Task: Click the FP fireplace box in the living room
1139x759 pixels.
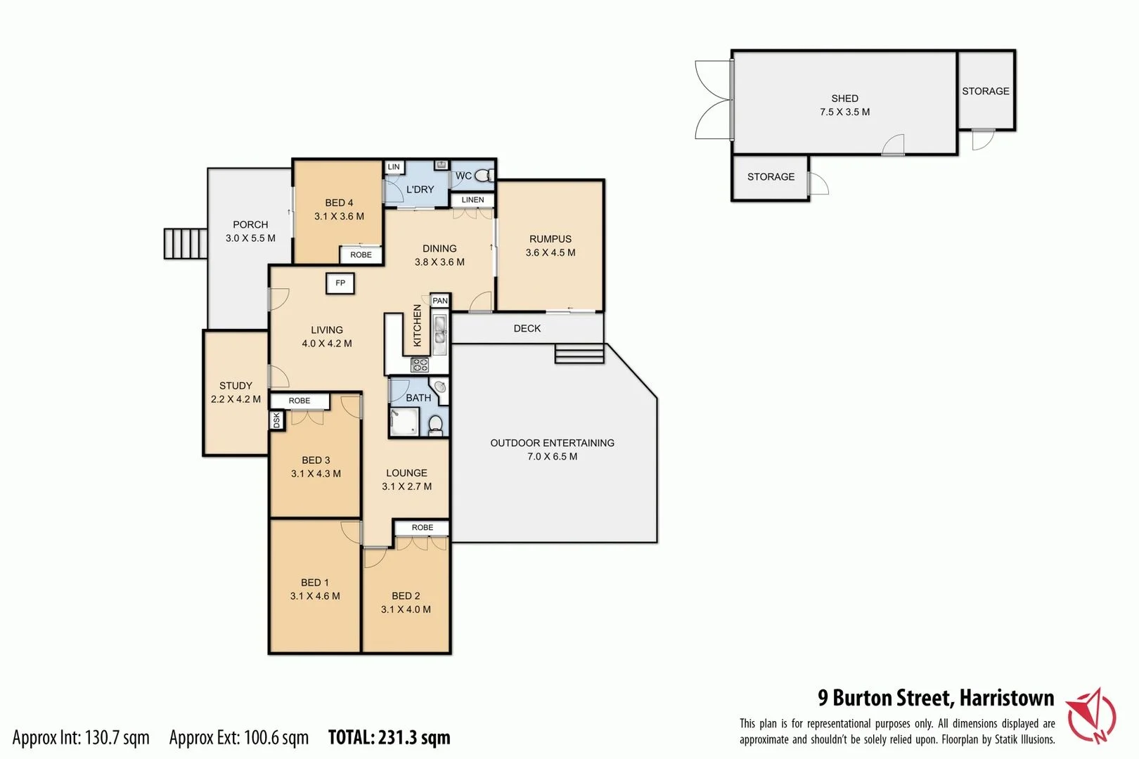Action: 340,283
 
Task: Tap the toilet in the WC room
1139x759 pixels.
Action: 484,176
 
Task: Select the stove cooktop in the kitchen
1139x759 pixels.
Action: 420,364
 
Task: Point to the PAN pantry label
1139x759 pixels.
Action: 440,301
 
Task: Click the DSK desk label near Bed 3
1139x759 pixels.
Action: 276,420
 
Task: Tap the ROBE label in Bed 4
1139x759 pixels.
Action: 361,254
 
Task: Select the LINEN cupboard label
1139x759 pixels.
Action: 472,200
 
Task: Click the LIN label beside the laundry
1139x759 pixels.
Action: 394,167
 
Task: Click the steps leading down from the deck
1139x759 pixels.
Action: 579,353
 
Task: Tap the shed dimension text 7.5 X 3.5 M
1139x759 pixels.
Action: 844,112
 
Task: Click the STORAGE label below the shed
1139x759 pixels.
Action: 771,177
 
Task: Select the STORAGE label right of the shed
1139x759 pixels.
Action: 985,91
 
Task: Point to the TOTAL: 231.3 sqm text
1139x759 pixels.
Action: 389,737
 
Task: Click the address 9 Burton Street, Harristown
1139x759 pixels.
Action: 935,698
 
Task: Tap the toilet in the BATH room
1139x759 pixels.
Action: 436,424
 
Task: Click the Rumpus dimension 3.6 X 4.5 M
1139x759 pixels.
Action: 551,253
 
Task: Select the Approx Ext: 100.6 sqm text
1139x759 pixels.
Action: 238,737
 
